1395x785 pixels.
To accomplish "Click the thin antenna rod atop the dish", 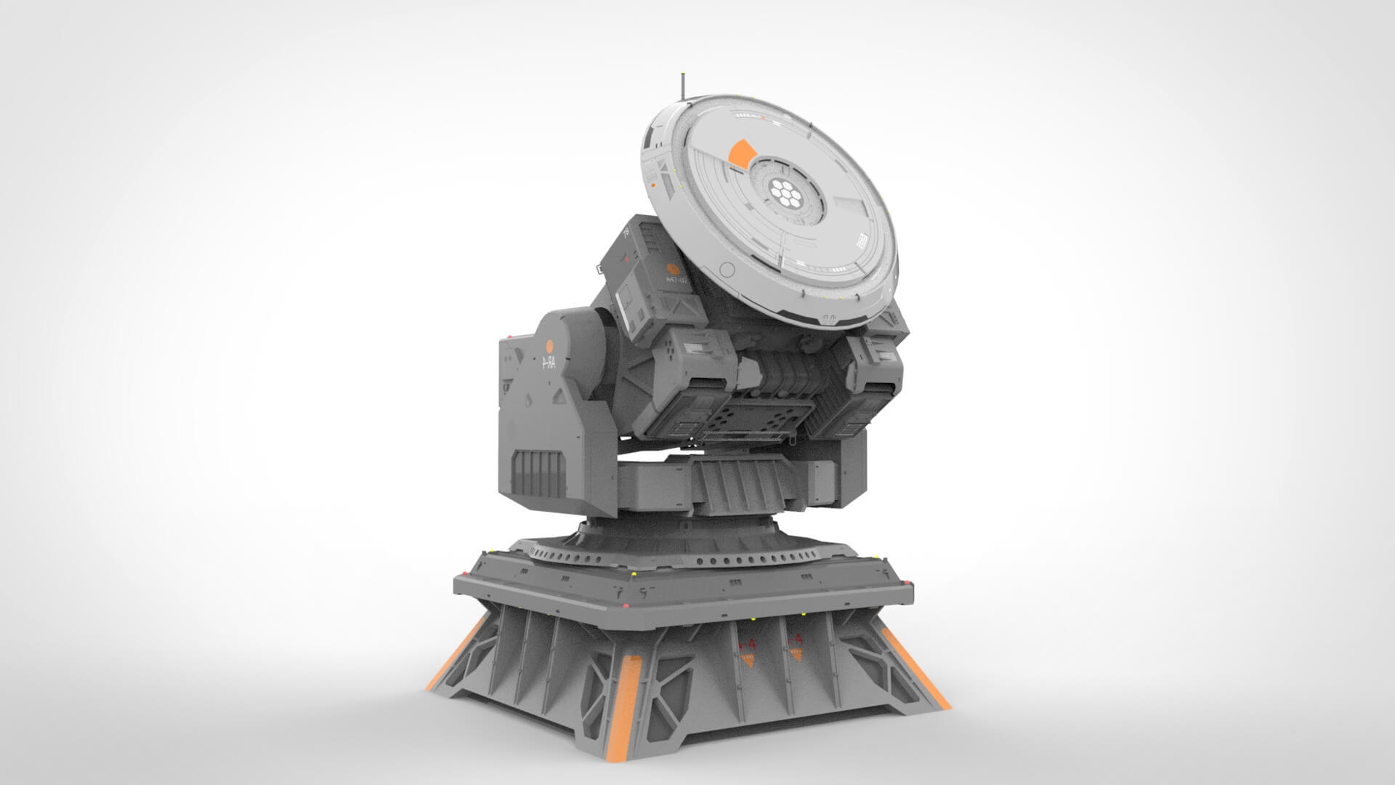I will (x=682, y=86).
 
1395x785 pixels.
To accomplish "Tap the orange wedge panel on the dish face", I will (x=740, y=153).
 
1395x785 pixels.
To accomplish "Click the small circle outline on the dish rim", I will (x=725, y=270).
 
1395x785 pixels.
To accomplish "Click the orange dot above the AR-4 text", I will (x=550, y=347).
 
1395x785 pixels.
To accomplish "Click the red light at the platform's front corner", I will (x=631, y=574).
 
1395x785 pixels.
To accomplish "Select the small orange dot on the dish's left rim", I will (x=652, y=185).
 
